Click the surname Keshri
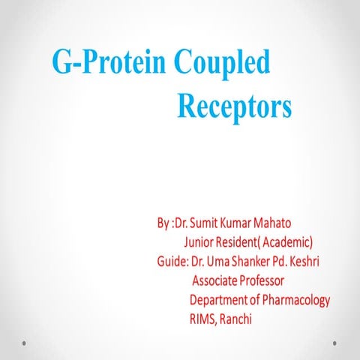pos(313,262)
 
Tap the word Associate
pos(217,281)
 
